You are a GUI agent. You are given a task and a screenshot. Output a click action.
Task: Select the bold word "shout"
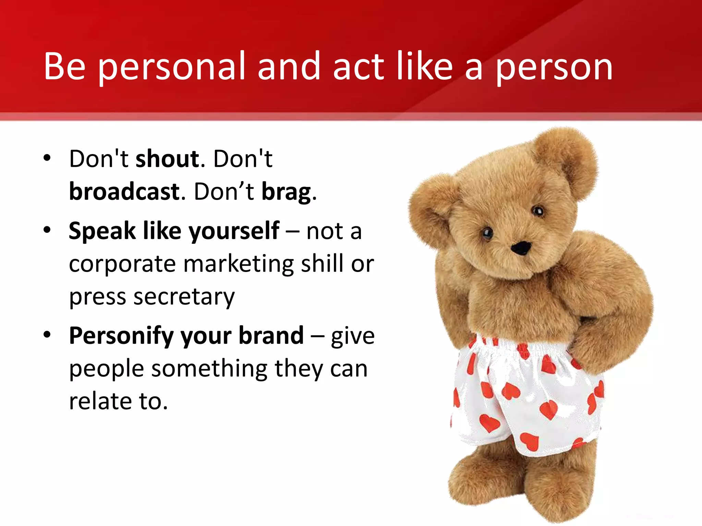(x=168, y=159)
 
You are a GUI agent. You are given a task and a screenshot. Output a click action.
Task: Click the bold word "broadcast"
(x=124, y=192)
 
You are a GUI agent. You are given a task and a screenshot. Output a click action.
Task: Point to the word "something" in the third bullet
(x=209, y=369)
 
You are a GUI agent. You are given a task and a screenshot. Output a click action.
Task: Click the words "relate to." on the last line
(x=118, y=401)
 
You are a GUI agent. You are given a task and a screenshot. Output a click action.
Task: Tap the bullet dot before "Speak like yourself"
(x=47, y=230)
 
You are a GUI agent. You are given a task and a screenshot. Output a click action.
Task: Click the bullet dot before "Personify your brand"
(x=47, y=335)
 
